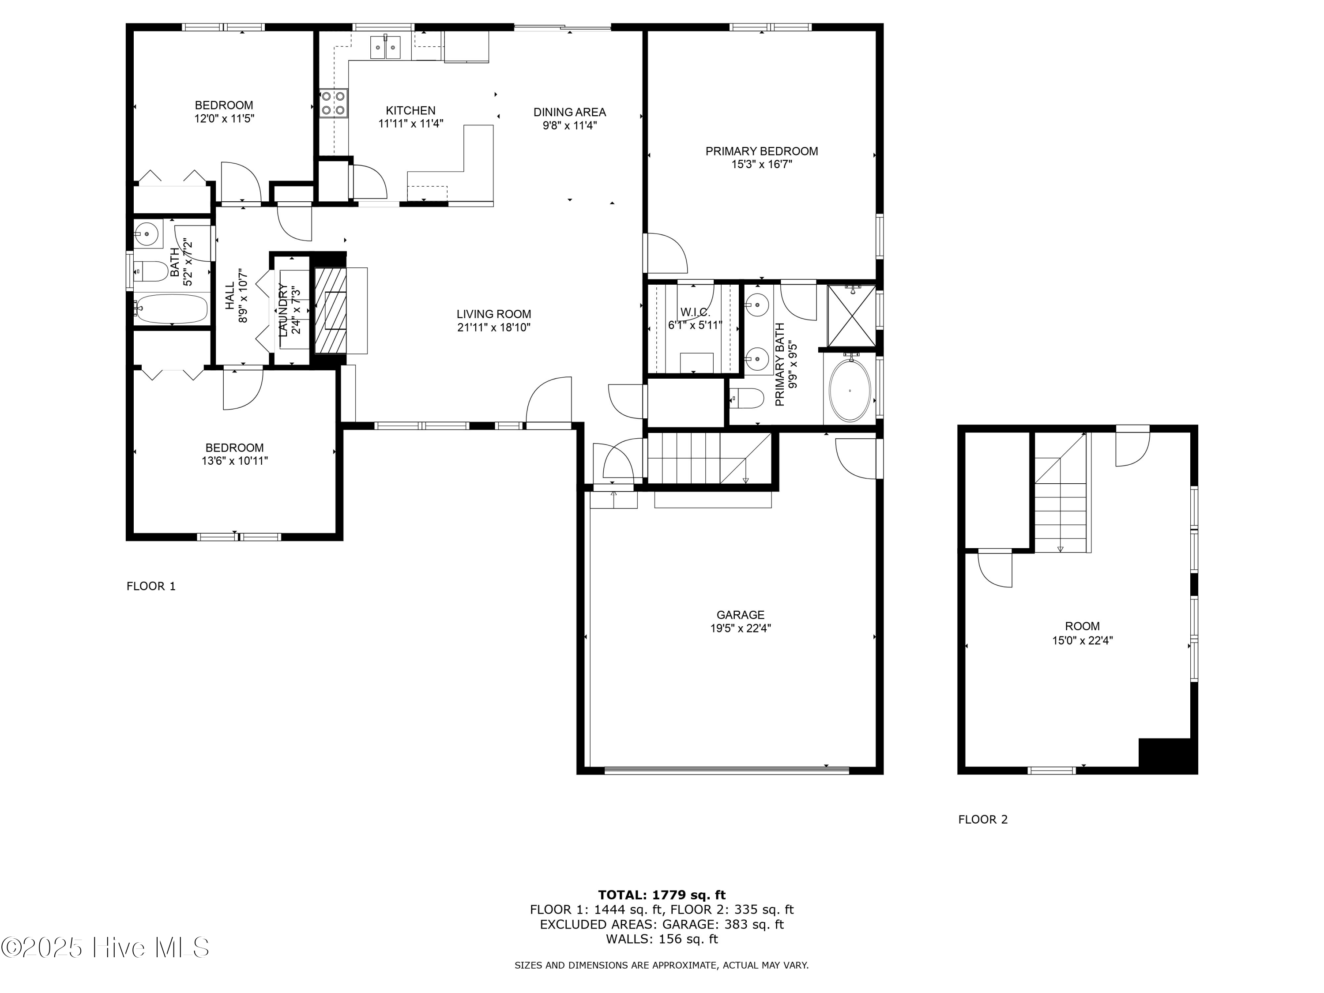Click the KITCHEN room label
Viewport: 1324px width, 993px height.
point(410,111)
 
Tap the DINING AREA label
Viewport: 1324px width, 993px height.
point(569,112)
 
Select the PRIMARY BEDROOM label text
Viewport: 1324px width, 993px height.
point(761,151)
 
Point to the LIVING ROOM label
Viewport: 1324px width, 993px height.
point(494,314)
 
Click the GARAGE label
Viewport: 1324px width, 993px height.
point(741,615)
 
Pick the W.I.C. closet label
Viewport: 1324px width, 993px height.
point(695,312)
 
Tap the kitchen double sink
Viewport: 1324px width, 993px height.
point(385,47)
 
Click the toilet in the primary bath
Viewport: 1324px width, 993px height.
point(748,398)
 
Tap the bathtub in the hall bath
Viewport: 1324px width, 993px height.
point(171,309)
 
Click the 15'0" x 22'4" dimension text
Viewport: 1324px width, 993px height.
point(1082,640)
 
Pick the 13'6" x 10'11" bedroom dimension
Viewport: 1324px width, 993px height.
point(235,461)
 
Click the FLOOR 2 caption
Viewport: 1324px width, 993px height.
point(983,820)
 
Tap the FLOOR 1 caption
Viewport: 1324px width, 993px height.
point(151,586)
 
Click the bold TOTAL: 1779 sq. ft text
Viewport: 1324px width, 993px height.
point(662,895)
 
